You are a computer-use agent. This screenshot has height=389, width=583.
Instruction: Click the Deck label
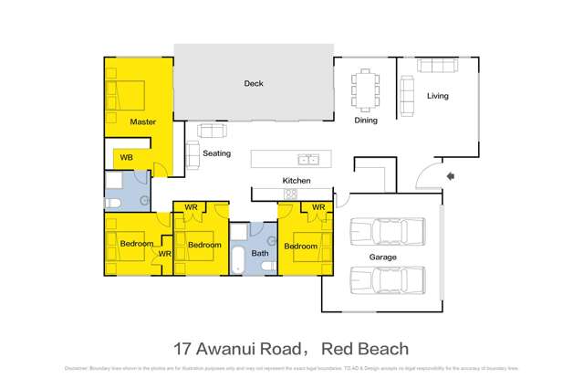(x=254, y=84)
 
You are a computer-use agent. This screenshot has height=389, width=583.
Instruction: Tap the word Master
(x=143, y=121)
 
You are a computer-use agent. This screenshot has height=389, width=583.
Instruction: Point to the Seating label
(x=216, y=153)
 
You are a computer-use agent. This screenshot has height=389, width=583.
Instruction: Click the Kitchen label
(x=297, y=181)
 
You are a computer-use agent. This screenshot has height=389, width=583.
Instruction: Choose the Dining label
(x=366, y=120)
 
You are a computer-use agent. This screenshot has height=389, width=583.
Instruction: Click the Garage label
(x=382, y=258)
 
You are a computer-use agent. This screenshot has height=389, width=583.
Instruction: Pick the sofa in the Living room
(x=438, y=66)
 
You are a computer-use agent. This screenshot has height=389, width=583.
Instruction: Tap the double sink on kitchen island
(x=308, y=159)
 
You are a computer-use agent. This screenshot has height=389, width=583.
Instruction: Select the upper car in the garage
(x=388, y=232)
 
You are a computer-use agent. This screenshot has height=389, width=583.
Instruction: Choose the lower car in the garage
(x=388, y=279)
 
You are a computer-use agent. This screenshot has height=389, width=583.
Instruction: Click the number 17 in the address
(x=182, y=348)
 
